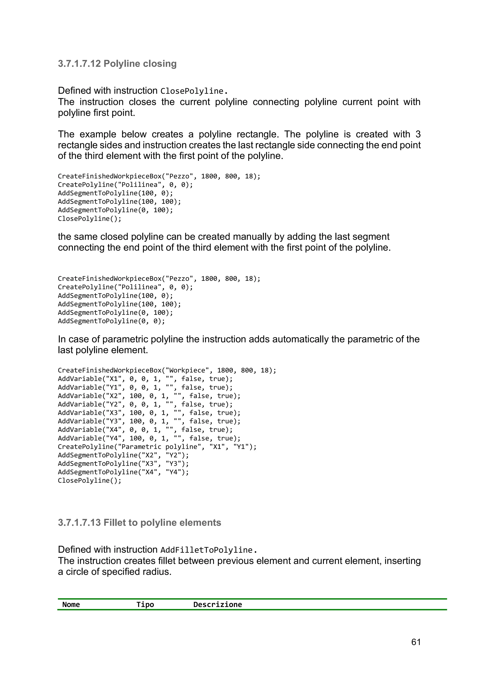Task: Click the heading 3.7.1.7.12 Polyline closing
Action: [x=117, y=64]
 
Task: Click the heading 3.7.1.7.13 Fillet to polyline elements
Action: [x=139, y=522]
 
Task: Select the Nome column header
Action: [x=71, y=605]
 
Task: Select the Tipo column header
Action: [x=145, y=605]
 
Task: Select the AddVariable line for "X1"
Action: [x=145, y=379]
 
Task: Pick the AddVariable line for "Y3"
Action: [x=149, y=421]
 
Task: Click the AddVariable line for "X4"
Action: [x=145, y=430]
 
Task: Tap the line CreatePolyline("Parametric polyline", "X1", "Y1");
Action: [x=157, y=447]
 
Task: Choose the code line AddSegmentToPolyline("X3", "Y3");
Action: [x=123, y=463]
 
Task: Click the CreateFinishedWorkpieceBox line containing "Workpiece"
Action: [x=167, y=370]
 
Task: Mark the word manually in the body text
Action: [x=259, y=237]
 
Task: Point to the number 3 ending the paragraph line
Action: [x=418, y=134]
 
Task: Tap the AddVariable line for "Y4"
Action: [x=149, y=438]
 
